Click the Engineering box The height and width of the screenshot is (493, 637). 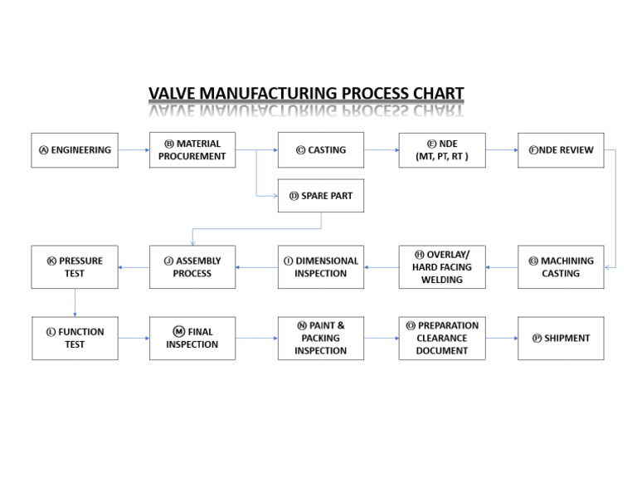tap(75, 150)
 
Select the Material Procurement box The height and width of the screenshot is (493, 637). tap(192, 150)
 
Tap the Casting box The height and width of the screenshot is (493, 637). tap(320, 150)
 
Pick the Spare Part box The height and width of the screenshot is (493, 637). tap(320, 196)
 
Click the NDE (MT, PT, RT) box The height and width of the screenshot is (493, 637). tap(441, 150)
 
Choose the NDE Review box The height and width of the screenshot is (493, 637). tap(561, 150)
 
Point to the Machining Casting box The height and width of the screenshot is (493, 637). tap(561, 267)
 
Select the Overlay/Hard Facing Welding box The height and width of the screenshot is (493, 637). tap(441, 267)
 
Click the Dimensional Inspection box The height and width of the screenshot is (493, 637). tap(320, 267)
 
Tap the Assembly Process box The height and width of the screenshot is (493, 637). tap(192, 267)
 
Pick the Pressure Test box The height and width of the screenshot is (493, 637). tap(75, 267)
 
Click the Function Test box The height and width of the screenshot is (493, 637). tap(75, 338)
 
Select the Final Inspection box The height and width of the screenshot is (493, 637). tap(192, 338)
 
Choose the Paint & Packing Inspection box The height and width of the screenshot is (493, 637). tap(320, 338)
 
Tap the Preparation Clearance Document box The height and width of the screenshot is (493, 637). tap(441, 338)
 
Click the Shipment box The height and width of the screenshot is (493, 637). tap(561, 338)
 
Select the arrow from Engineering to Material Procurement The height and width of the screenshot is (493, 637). tap(134, 150)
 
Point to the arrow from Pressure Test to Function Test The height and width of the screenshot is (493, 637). tap(75, 303)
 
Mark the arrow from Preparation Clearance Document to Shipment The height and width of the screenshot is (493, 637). tap(502, 338)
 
